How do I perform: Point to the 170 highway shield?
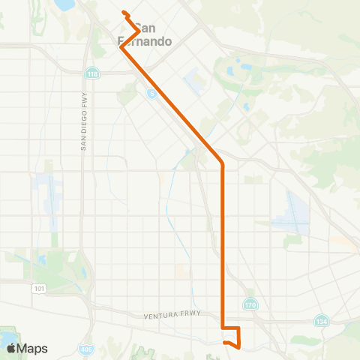(x=250, y=304)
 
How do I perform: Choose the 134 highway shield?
(x=320, y=320)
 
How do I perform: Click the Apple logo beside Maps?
(x=12, y=348)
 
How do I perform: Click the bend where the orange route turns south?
(x=223, y=163)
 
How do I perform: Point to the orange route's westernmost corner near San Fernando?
(x=121, y=49)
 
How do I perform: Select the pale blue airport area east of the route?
(x=292, y=211)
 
